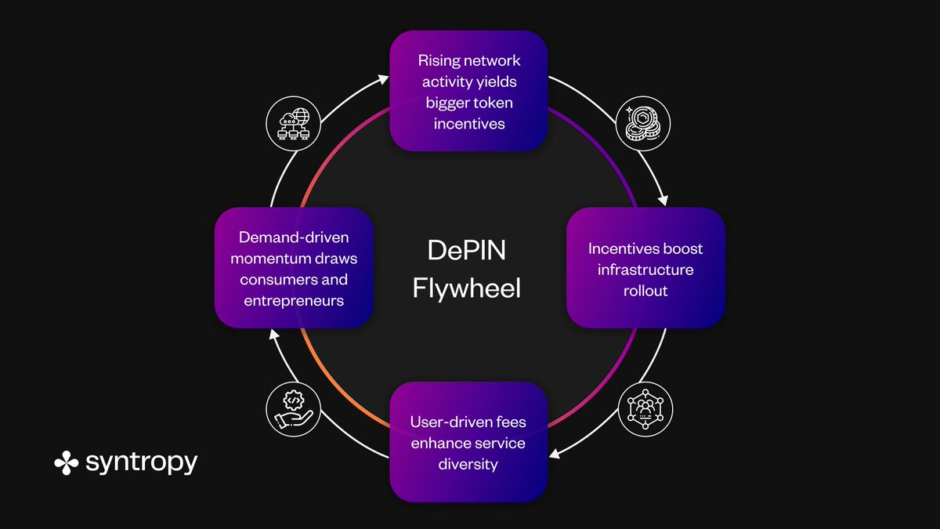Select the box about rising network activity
click(x=468, y=91)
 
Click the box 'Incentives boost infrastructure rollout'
click(x=645, y=268)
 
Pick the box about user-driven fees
click(x=468, y=442)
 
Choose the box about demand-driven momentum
click(x=294, y=268)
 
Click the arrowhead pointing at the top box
click(x=382, y=79)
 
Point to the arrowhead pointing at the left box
click(x=272, y=334)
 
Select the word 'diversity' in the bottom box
click(x=468, y=463)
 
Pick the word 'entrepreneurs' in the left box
click(x=294, y=299)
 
